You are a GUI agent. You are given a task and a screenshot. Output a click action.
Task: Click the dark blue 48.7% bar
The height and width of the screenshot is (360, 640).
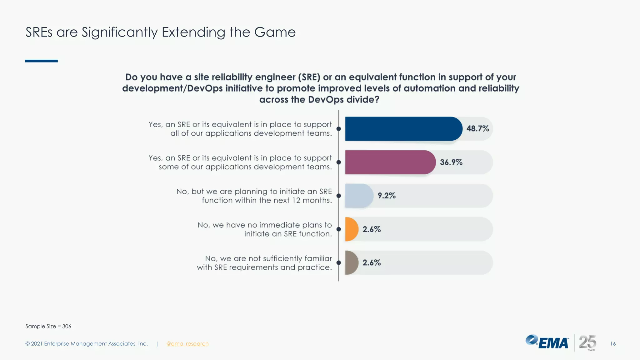point(403,129)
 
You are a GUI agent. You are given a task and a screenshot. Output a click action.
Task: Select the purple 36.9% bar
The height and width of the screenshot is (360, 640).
point(390,162)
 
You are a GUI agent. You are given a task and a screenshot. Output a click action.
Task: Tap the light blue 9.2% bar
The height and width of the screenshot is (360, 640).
point(359,196)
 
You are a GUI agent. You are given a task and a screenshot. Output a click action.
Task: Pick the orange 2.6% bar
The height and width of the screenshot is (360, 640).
point(351,229)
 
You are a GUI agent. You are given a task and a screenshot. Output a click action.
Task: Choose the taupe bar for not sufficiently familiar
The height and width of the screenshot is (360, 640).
point(351,262)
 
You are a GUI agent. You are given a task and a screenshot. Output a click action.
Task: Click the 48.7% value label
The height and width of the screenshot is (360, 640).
point(477,129)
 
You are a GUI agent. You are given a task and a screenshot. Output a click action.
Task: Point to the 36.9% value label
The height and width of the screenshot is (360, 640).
point(451,162)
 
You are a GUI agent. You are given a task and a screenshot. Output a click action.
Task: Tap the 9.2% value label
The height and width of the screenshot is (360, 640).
point(387,196)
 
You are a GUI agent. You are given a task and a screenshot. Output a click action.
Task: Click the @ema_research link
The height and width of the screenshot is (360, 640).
point(187,344)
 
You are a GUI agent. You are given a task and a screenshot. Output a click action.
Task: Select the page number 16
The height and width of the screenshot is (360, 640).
point(613,344)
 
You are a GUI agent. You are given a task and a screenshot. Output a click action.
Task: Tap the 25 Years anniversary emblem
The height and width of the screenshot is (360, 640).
point(587,343)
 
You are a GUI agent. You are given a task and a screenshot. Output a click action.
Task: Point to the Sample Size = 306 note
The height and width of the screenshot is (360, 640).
point(48,326)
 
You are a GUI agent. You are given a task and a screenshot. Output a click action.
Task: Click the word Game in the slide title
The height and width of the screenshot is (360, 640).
point(275,32)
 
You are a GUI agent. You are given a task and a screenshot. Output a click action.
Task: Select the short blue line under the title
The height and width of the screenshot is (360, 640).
point(41,61)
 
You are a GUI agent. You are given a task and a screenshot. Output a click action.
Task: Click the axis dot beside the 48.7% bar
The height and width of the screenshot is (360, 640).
point(338,129)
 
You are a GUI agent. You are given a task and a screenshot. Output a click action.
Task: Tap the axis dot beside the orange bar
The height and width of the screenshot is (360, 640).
point(338,229)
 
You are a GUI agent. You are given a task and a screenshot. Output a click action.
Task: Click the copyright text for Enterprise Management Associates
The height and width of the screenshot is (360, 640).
point(87,344)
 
